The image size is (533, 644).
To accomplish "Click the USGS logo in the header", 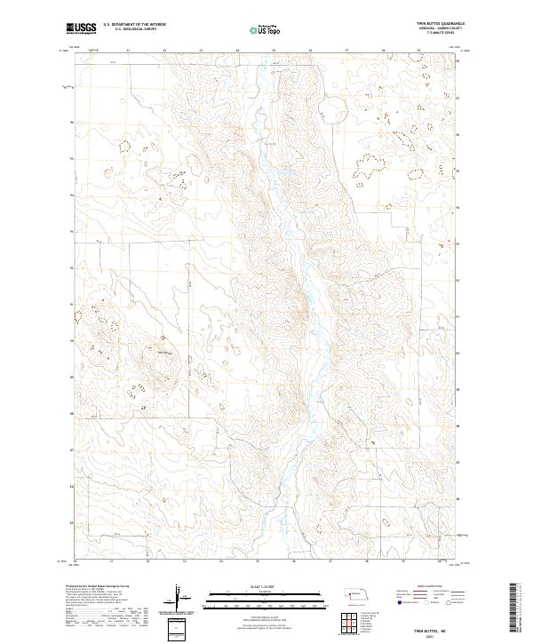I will click(x=81, y=28).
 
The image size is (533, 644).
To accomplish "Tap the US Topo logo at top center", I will click(x=257, y=29).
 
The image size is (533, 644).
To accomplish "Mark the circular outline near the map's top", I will click(x=335, y=108).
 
